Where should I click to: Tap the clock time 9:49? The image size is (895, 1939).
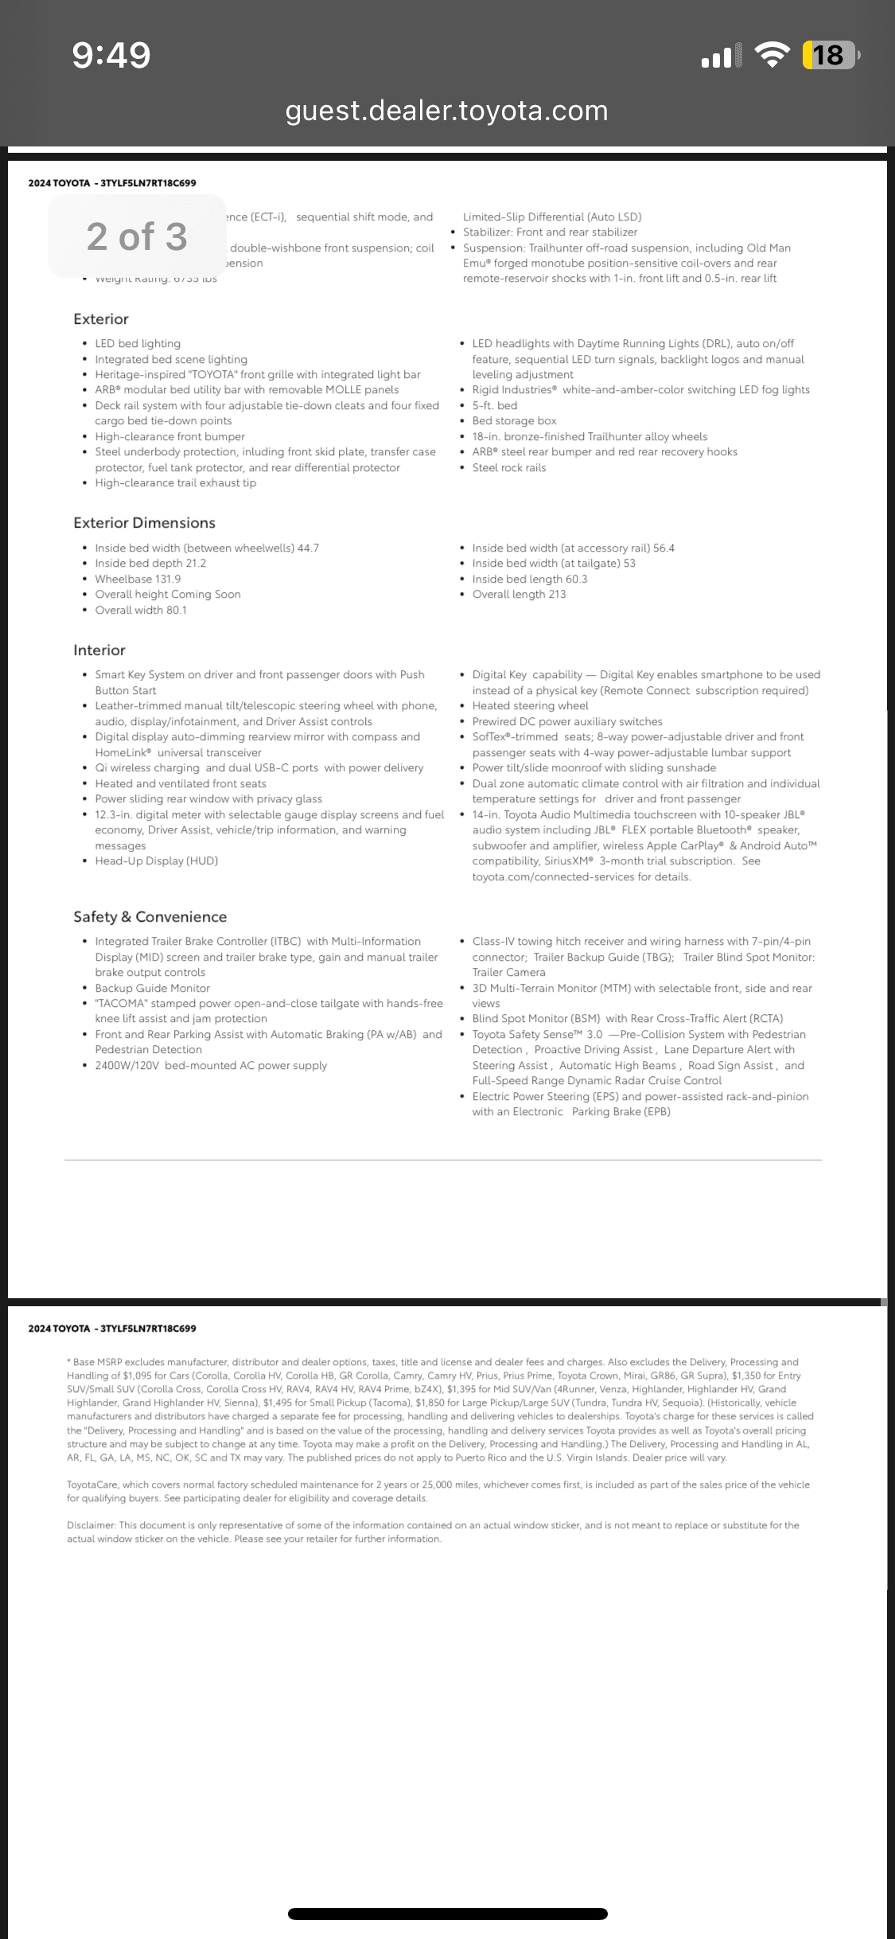[111, 55]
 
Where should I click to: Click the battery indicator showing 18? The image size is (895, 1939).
[831, 55]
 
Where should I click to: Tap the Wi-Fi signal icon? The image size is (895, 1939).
[772, 55]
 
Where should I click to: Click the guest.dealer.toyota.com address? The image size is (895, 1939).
[446, 111]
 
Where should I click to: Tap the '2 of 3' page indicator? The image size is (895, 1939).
[137, 236]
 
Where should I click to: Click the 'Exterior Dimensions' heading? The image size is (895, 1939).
[144, 523]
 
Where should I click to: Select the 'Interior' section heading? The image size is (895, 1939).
[99, 650]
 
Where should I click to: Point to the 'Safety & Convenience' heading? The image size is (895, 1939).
[150, 917]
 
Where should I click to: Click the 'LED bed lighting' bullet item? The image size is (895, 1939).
[138, 344]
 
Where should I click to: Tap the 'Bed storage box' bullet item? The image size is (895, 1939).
[514, 421]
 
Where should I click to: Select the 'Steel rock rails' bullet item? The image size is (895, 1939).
[509, 468]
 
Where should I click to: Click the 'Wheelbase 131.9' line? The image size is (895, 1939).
[138, 579]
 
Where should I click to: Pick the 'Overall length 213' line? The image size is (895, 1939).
[519, 595]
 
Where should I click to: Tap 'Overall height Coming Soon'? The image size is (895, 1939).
[168, 595]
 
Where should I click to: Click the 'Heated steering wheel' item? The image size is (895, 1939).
[530, 706]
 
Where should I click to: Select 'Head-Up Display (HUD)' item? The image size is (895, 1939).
[157, 861]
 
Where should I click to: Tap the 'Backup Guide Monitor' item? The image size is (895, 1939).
[153, 989]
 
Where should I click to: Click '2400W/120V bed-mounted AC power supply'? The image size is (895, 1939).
[211, 1066]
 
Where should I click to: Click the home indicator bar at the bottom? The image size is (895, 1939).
[447, 1914]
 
